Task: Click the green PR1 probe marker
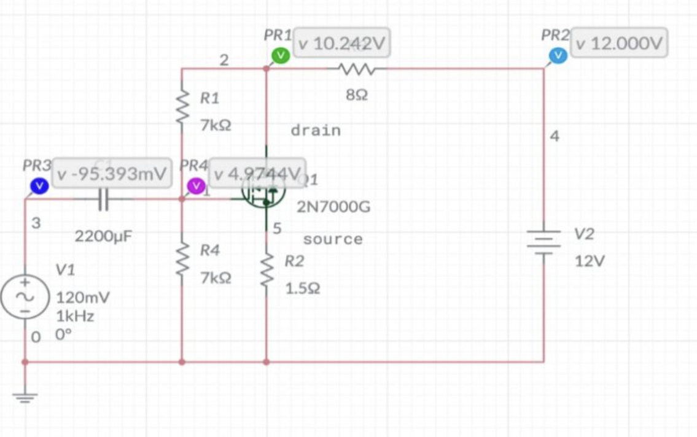click(280, 55)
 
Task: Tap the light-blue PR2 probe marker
click(558, 56)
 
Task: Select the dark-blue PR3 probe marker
click(39, 185)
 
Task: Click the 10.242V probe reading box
click(342, 44)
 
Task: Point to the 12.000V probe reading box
click(620, 44)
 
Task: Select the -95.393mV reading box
click(111, 174)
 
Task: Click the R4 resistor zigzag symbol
click(182, 261)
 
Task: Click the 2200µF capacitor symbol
click(104, 199)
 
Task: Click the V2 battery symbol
click(543, 241)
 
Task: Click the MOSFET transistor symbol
click(264, 192)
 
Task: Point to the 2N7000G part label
click(333, 207)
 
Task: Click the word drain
click(315, 130)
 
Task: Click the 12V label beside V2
click(590, 261)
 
